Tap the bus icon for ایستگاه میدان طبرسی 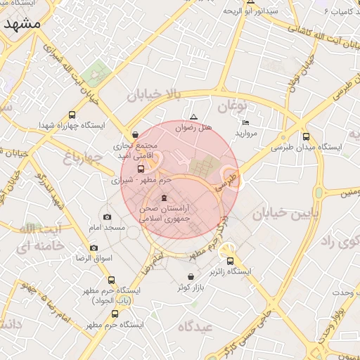[x=305, y=137]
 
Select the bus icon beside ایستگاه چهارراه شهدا [x=72, y=115]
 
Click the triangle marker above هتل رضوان [x=194, y=117]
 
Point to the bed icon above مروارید [x=245, y=122]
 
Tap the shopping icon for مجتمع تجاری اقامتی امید [x=135, y=134]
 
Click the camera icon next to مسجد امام [x=107, y=217]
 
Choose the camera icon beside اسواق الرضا [x=94, y=247]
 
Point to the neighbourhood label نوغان [x=234, y=107]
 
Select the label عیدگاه [x=195, y=326]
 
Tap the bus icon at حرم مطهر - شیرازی [x=141, y=169]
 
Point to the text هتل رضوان [x=193, y=129]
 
